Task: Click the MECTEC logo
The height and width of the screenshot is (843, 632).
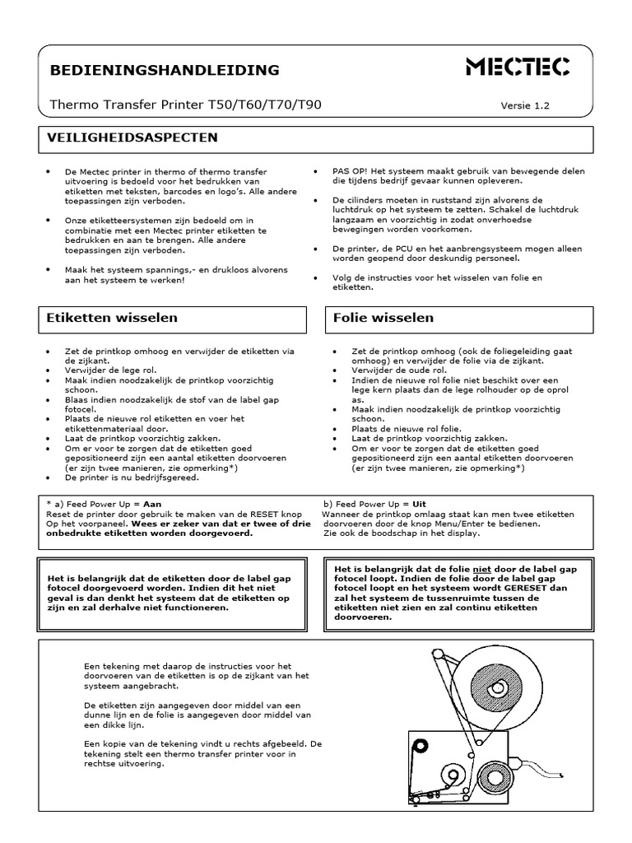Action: click(518, 68)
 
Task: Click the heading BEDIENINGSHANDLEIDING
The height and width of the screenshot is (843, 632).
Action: click(165, 70)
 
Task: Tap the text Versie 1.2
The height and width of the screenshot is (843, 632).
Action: click(524, 105)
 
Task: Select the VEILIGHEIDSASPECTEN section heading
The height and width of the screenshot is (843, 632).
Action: click(132, 137)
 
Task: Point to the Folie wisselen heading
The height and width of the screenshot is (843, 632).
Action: click(383, 317)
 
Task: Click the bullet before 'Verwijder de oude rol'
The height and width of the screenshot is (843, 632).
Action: click(334, 370)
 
